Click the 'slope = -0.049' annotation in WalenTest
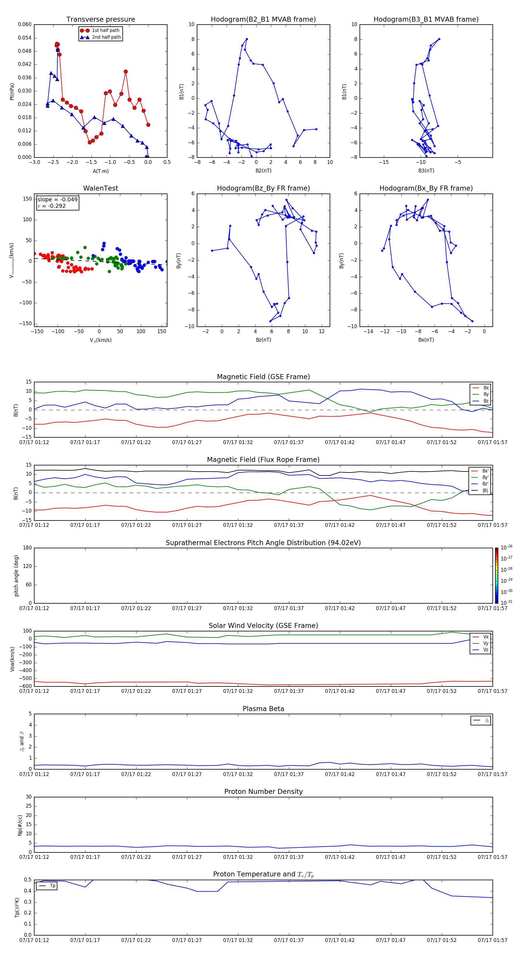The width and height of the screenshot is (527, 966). (x=57, y=200)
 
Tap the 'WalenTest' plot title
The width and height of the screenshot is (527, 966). (x=100, y=188)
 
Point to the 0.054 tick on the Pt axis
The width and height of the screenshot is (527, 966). (x=25, y=38)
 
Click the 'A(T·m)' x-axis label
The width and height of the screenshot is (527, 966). (x=100, y=171)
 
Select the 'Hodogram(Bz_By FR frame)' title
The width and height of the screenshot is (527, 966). (x=263, y=188)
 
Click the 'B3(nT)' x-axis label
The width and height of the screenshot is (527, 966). (x=426, y=171)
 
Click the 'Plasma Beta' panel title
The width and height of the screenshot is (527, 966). (x=263, y=709)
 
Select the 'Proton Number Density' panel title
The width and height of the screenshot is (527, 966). (x=263, y=792)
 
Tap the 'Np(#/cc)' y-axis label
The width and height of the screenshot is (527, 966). (x=20, y=825)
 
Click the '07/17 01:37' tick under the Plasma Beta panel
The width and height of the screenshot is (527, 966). (x=288, y=774)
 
